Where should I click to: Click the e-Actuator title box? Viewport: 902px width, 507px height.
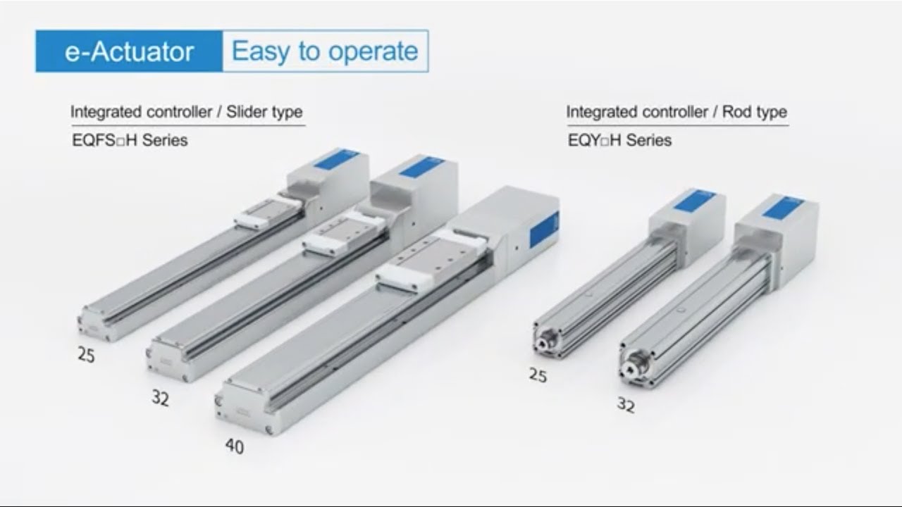point(129,51)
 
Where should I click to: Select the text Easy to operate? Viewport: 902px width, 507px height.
point(325,51)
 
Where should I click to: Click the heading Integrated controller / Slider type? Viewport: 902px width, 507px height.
point(187,112)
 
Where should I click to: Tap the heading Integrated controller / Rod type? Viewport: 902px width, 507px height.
point(676,112)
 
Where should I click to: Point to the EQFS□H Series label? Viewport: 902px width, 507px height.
point(130,140)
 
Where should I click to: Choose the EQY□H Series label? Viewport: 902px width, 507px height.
point(619,140)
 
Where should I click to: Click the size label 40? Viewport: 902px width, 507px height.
point(235,446)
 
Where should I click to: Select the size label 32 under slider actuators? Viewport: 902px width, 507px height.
point(161,399)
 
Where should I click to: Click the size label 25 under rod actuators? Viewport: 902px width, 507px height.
point(538,376)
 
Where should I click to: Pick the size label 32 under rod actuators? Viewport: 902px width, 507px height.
point(626,405)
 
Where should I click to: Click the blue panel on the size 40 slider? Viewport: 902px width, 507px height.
point(544,229)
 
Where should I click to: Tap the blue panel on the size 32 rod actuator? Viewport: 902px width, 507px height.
point(783,207)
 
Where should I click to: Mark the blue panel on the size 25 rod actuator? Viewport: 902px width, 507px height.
point(694,199)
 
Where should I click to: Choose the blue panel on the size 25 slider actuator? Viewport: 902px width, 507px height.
point(336,158)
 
